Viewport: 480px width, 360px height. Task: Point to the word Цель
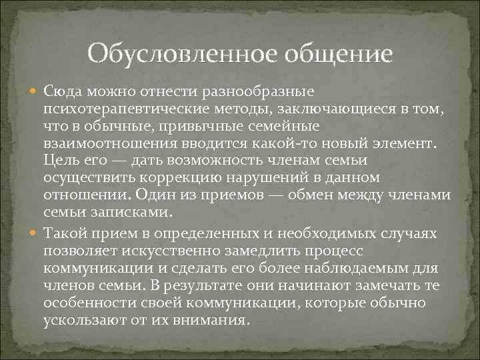[x=59, y=161]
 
